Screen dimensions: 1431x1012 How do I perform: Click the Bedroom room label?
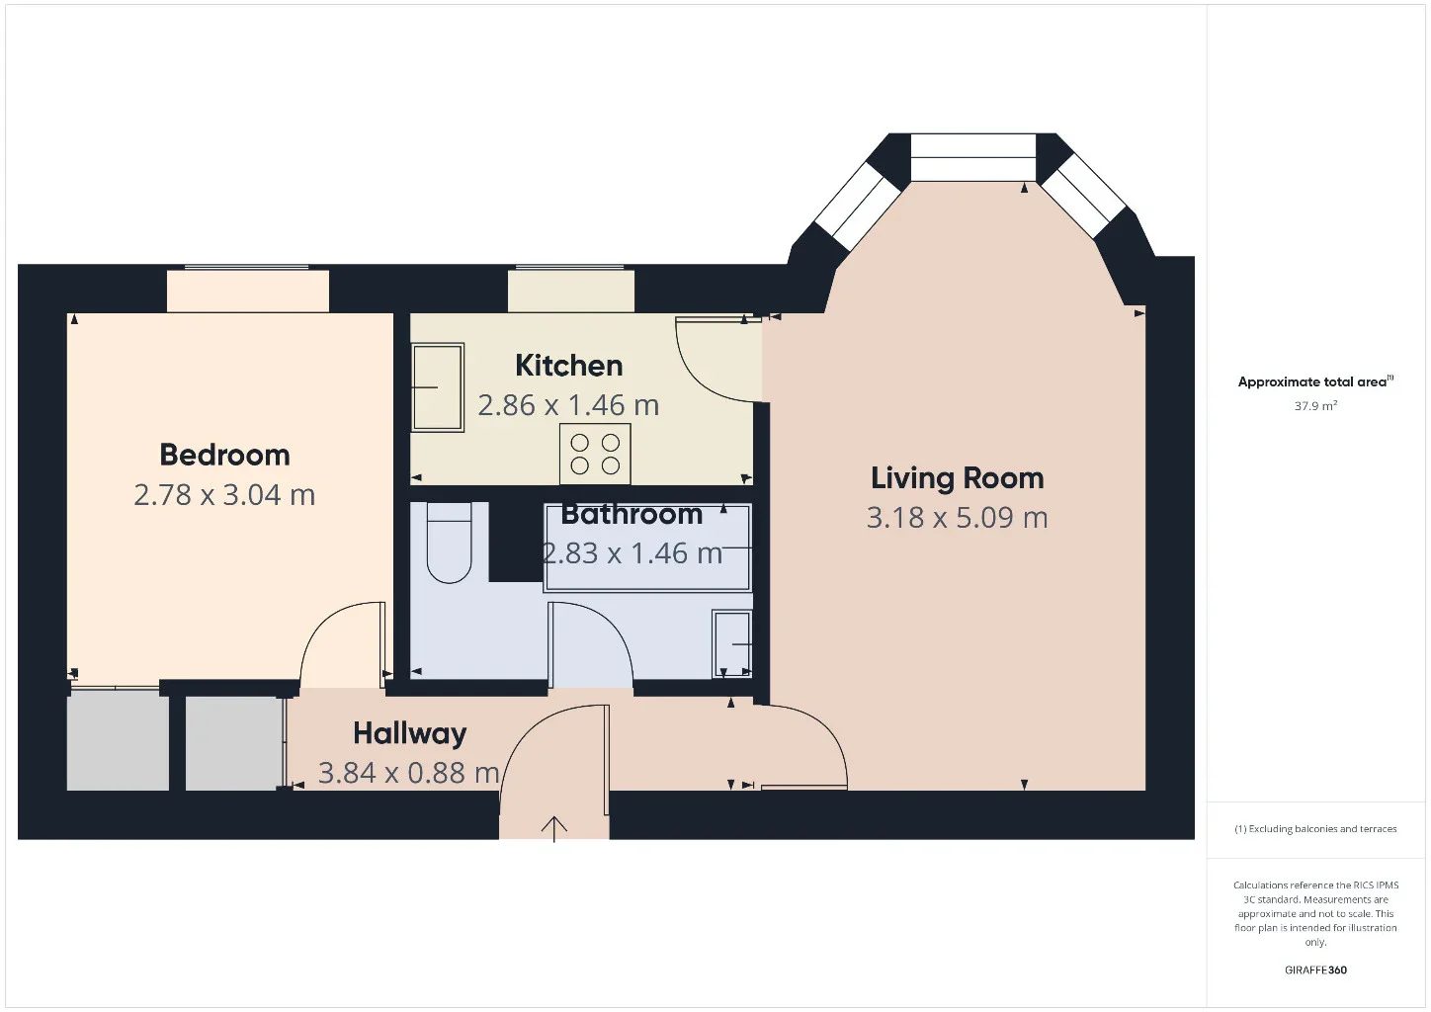point(225,455)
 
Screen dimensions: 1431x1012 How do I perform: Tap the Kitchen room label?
point(568,366)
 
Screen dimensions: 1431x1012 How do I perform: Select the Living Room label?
point(957,478)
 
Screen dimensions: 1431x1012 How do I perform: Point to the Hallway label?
point(409,734)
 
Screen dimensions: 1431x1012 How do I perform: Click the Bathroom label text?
point(631,514)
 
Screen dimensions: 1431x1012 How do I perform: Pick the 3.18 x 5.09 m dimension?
point(957,518)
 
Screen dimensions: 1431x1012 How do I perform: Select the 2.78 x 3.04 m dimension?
point(224,495)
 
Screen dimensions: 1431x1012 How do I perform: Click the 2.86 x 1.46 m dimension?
point(568,406)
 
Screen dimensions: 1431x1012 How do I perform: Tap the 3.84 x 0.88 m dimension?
point(408,773)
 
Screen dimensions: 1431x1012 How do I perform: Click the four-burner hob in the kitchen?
point(595,454)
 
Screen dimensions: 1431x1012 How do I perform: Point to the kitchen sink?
point(438,387)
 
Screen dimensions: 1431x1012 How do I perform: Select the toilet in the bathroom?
point(449,543)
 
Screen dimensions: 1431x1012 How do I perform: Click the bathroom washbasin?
point(732,644)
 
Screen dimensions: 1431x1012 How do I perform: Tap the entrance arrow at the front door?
point(553,829)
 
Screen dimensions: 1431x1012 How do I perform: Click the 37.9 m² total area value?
point(1316,406)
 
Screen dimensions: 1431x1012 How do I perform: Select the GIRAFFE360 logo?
point(1315,970)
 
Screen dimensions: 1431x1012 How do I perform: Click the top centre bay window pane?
point(972,157)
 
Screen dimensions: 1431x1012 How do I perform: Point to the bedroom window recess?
point(248,291)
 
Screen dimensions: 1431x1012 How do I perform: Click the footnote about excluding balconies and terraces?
point(1315,828)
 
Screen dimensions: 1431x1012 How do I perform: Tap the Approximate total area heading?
point(1315,381)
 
